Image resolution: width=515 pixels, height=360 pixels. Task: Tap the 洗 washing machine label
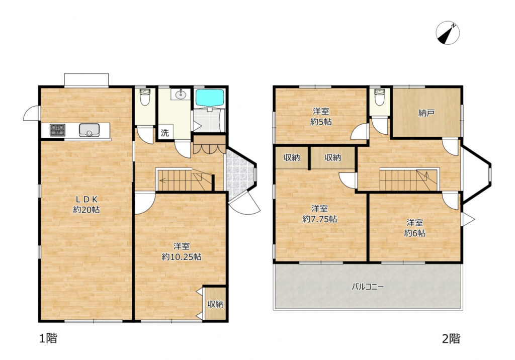165,133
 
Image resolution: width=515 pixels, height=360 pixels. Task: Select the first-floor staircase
184,180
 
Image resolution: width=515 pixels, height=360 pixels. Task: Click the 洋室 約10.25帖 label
182,251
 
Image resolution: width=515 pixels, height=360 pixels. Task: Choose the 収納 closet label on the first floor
216,304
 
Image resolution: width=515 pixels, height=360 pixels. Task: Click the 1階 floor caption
48,338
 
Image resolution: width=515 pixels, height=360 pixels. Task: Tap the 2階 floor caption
451,338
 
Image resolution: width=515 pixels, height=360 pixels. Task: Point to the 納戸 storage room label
426,113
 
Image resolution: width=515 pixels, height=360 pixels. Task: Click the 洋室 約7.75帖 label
319,214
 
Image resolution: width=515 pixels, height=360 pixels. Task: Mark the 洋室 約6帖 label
415,227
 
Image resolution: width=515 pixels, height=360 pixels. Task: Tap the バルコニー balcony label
367,287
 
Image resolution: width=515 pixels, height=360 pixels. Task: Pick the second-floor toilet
379,97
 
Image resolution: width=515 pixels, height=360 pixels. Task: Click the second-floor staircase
409,179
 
